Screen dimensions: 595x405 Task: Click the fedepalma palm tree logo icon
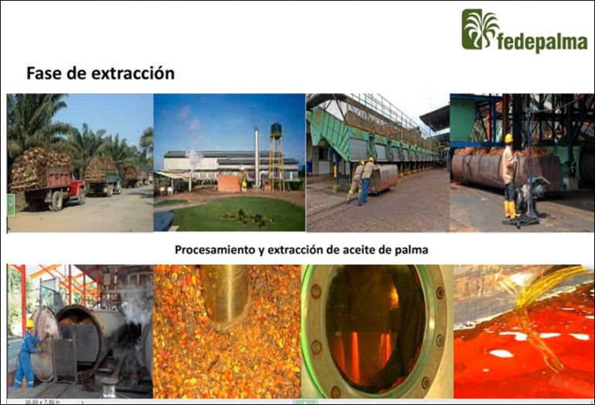coord(479,29)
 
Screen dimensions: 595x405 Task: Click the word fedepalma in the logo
coord(542,42)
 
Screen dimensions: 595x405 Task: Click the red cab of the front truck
coord(76,184)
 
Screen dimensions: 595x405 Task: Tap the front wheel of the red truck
coord(57,201)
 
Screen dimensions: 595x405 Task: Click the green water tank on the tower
coord(277,130)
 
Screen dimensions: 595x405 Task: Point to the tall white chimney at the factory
coord(257,158)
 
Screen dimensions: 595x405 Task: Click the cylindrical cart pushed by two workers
coord(383,178)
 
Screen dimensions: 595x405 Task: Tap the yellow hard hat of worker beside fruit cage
coord(508,138)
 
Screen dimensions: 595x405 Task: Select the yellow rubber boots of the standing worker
coord(510,209)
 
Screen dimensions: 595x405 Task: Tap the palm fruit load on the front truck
coord(40,166)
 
